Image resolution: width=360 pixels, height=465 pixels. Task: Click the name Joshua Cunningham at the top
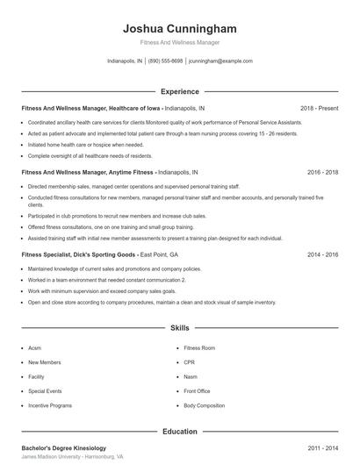coord(180,29)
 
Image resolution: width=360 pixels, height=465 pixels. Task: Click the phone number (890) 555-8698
coord(165,61)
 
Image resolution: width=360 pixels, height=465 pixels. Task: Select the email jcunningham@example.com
coord(220,61)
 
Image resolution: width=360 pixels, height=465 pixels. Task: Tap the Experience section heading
coord(180,91)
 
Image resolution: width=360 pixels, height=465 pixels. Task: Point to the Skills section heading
coord(180,327)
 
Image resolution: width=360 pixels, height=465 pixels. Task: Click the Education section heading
coord(180,432)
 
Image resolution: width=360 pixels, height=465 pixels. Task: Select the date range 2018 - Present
coord(319,108)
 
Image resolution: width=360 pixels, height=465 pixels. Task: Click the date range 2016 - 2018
coord(322,173)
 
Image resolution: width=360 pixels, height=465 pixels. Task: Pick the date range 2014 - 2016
coord(322,254)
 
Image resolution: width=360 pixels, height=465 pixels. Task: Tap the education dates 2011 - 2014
coord(322,447)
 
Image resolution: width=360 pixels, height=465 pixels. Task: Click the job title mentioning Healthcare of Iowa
coord(112,108)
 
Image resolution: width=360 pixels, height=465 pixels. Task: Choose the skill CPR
coord(189,361)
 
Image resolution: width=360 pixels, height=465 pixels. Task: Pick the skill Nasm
coord(191,376)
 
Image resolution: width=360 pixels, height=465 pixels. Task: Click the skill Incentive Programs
coord(49,405)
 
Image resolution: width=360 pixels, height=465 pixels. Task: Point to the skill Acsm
coord(35,347)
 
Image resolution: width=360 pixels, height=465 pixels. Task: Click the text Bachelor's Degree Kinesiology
coord(63,447)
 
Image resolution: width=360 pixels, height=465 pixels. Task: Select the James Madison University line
coord(72,457)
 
